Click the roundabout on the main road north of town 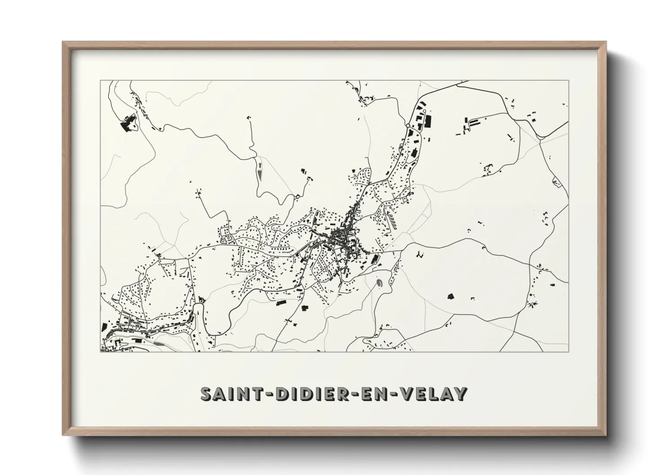point(408,126)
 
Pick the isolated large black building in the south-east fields point(450,296)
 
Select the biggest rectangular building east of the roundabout point(428,121)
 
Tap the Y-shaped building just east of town point(420,255)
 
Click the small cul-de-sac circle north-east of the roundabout point(424,110)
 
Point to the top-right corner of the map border point(568,81)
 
